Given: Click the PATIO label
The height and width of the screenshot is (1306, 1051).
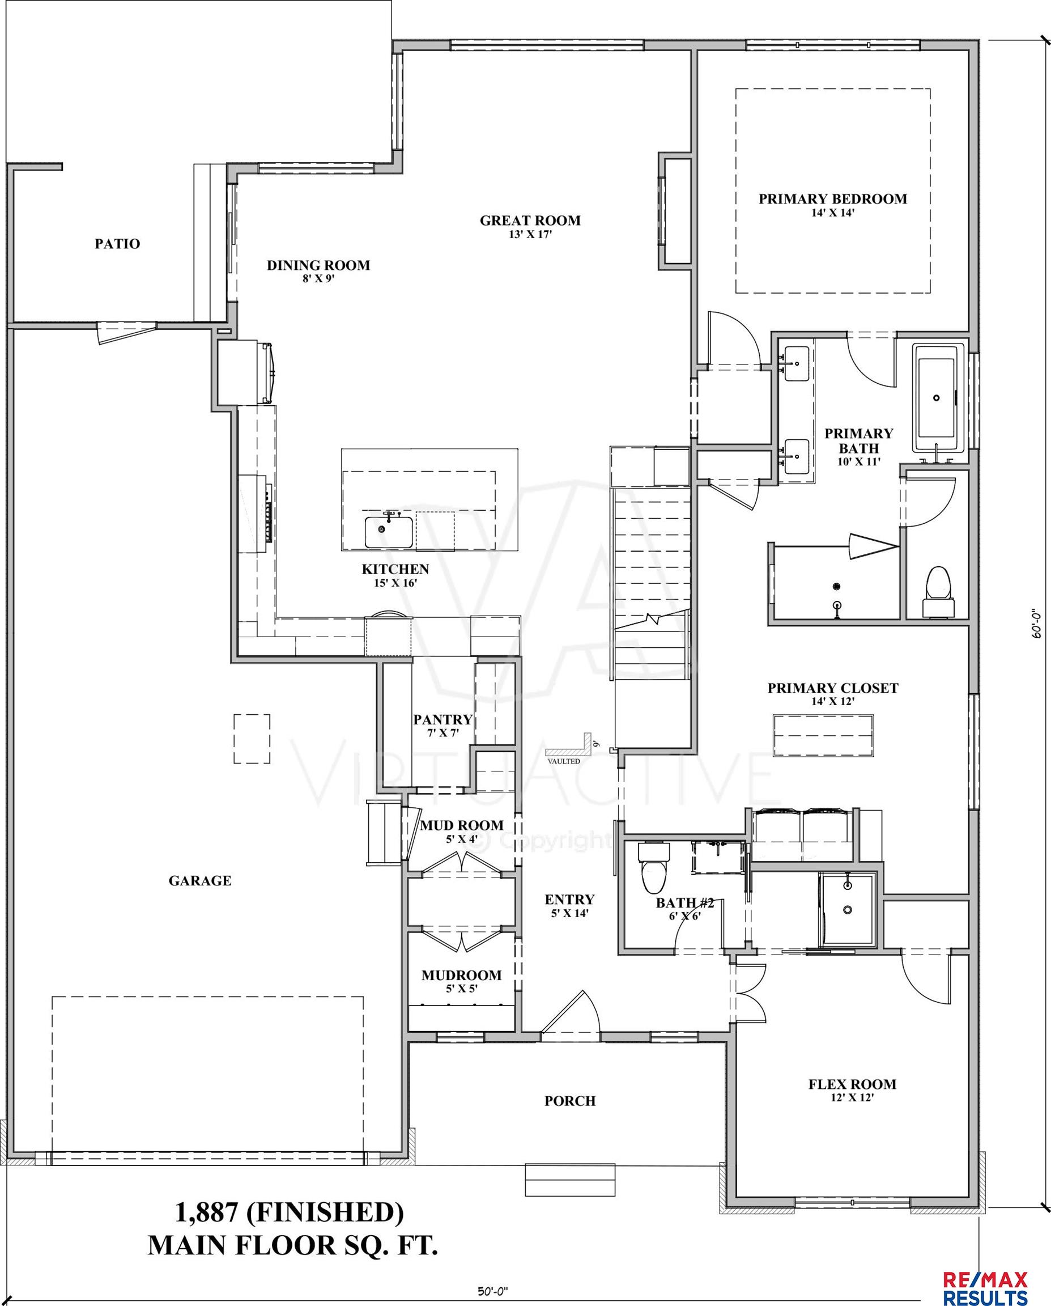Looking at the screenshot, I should click(x=117, y=244).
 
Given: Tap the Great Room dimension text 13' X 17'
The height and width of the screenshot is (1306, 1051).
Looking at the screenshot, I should click(x=530, y=235).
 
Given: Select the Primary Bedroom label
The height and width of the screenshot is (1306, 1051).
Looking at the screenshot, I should click(x=832, y=199).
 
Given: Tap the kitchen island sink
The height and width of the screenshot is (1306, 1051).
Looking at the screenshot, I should click(x=389, y=531).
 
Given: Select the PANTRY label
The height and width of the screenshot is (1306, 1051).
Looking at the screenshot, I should click(x=442, y=720).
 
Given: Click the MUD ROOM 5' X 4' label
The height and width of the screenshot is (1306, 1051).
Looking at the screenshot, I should click(x=462, y=825).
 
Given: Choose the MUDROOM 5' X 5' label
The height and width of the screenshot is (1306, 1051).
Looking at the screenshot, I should click(x=461, y=976).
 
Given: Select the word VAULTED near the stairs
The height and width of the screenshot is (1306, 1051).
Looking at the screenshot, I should click(x=564, y=761).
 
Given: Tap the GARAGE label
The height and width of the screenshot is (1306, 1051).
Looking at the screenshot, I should click(x=200, y=881).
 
